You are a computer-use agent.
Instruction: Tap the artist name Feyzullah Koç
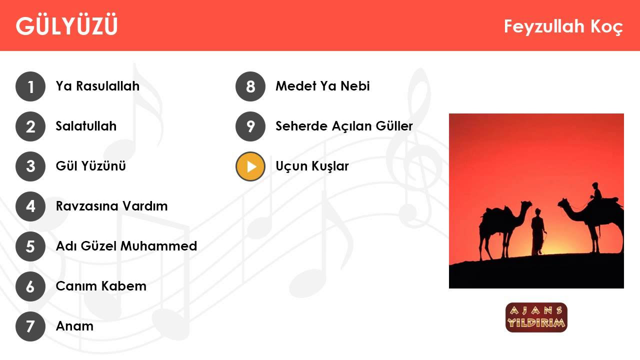point(563,26)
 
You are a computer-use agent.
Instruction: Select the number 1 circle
point(30,86)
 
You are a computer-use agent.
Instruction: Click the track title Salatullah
point(86,126)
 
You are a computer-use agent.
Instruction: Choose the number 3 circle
point(30,166)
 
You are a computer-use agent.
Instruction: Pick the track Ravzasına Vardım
point(111,206)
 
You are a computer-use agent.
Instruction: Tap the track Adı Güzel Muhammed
point(126,246)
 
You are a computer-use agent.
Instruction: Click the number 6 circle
point(30,286)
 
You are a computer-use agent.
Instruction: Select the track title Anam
point(74,326)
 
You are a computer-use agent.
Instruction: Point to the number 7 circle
point(30,326)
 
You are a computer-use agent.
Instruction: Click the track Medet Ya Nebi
point(322,86)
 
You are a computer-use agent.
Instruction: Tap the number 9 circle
point(250,126)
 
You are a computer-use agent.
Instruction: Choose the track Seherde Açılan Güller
point(344,126)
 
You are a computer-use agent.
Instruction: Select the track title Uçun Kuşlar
point(312,166)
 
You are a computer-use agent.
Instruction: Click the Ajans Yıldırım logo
point(536,317)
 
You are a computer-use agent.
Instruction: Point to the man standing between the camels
point(537,232)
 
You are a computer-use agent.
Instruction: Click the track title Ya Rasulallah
point(97,86)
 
